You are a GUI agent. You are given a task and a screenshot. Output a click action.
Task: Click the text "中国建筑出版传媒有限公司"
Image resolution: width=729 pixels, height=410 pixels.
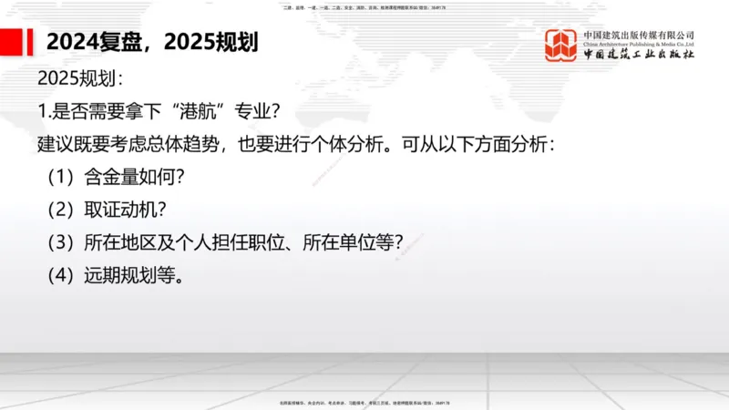[x=639, y=35]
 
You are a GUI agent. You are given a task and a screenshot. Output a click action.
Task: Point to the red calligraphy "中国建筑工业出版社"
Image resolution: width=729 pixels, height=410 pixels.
[x=639, y=56]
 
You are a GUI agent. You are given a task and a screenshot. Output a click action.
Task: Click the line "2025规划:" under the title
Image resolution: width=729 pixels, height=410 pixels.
[x=80, y=77]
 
